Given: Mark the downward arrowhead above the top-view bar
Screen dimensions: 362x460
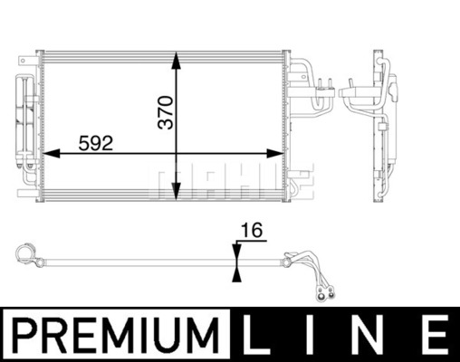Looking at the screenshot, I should tap(237, 252).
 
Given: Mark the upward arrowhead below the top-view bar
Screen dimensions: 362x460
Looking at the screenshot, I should tap(237, 273).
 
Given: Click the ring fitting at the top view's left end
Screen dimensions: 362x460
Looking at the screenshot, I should tap(29, 253).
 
